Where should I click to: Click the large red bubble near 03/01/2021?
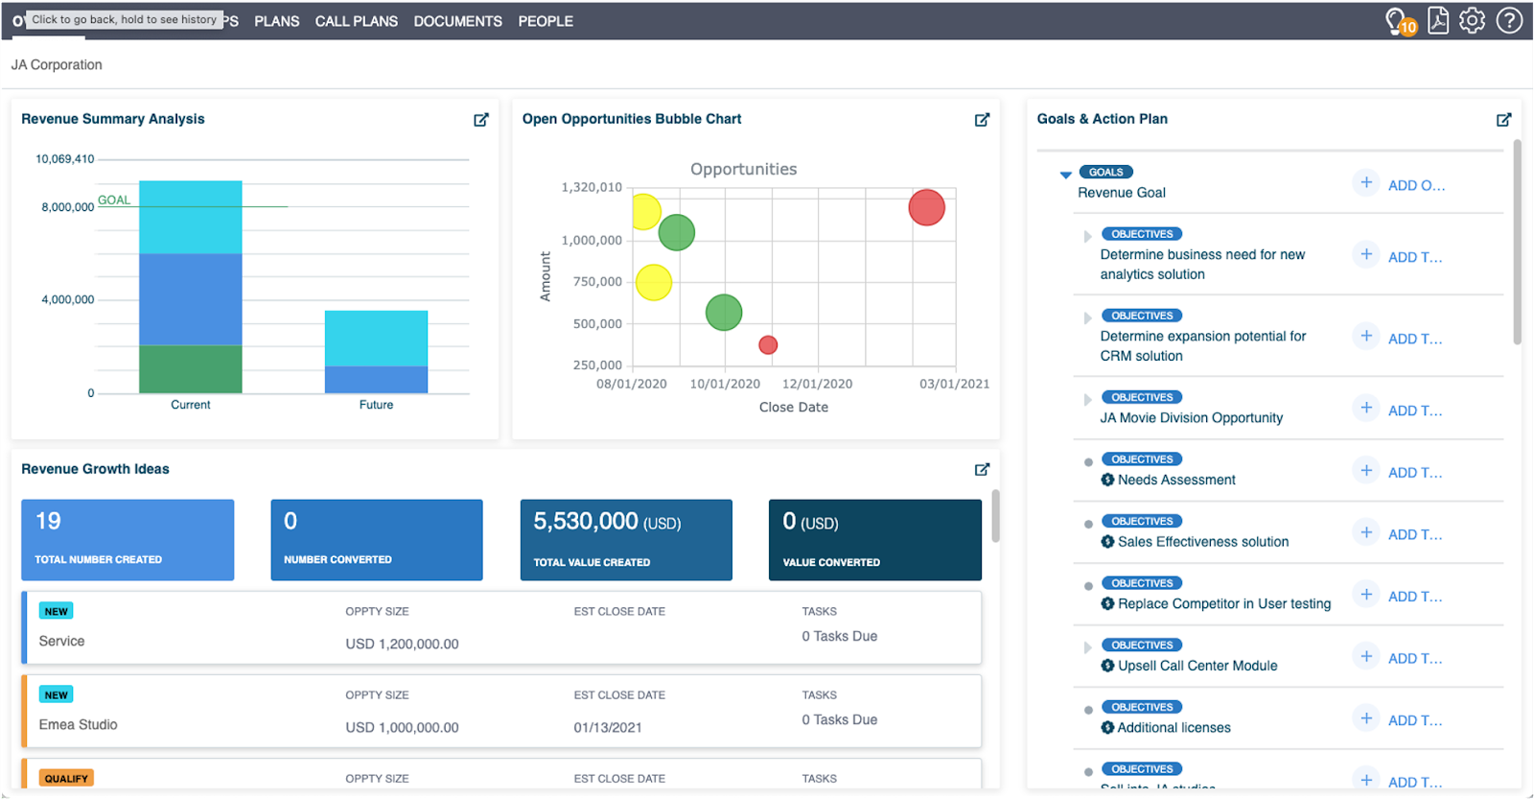pyautogui.click(x=926, y=207)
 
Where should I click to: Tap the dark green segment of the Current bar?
pyautogui.click(x=190, y=369)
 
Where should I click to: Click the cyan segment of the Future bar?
pyautogui.click(x=376, y=338)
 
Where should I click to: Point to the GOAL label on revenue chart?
pyautogui.click(x=114, y=200)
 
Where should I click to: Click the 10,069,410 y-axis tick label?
pyautogui.click(x=65, y=159)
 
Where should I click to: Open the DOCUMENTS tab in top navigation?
pyautogui.click(x=457, y=21)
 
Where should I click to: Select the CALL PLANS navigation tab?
pyautogui.click(x=356, y=21)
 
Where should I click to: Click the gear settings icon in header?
pyautogui.click(x=1472, y=20)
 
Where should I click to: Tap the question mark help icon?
pyautogui.click(x=1509, y=20)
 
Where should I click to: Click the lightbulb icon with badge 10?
pyautogui.click(x=1398, y=21)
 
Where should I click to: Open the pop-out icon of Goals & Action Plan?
pyautogui.click(x=1503, y=120)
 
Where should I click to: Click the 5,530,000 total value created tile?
pyautogui.click(x=626, y=539)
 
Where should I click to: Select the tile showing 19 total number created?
pyautogui.click(x=128, y=539)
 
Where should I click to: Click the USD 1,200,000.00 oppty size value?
pyautogui.click(x=402, y=644)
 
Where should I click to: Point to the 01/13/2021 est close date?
pyautogui.click(x=608, y=727)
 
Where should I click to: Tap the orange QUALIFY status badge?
pyautogui.click(x=66, y=778)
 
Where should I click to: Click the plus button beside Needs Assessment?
pyautogui.click(x=1366, y=470)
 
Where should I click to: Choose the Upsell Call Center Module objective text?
pyautogui.click(x=1197, y=666)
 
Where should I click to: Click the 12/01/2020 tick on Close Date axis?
pyautogui.click(x=817, y=384)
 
